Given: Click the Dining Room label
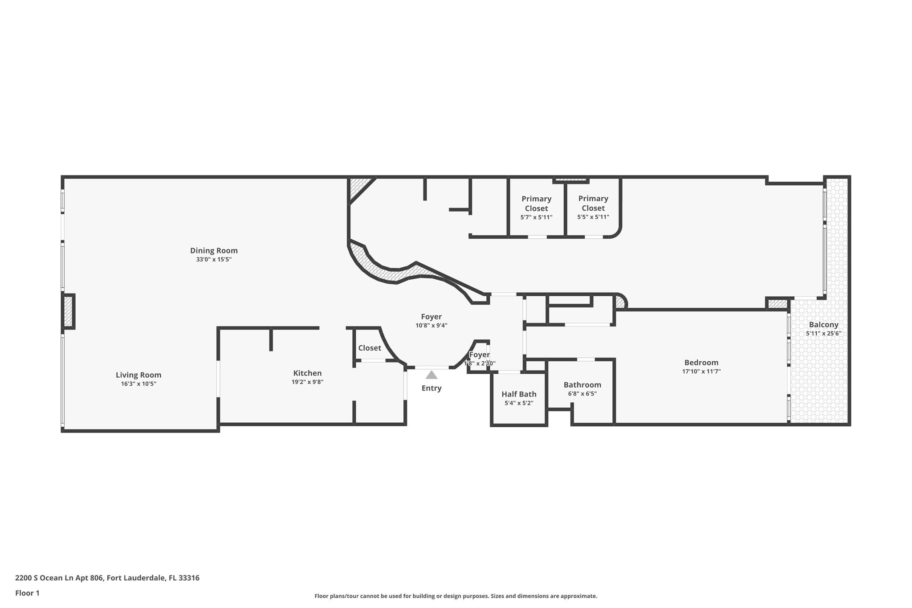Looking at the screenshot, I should point(214,250).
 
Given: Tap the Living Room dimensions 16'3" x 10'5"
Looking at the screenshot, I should point(138,384).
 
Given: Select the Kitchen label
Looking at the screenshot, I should point(307,373).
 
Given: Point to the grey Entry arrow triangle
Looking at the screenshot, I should point(432,375).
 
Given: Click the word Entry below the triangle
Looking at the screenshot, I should point(432,388).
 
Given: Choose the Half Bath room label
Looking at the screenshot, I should point(519,394).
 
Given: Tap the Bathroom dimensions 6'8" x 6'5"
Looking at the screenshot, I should point(582,394).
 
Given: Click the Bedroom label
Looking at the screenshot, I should point(701,363).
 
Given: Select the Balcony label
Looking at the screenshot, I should point(823,325).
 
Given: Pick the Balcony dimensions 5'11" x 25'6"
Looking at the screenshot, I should point(823,334).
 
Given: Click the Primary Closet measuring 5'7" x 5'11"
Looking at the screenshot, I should point(536,208).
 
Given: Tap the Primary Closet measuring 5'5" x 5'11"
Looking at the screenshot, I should point(593,208).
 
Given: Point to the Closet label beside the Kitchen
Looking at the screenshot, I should point(370,348).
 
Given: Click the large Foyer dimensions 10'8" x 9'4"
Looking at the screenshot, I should point(431,326).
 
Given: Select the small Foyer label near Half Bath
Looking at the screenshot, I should point(479,355).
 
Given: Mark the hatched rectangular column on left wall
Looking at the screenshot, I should point(68,311).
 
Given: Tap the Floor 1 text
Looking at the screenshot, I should point(27,593).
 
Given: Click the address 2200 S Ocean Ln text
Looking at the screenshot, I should point(107,578).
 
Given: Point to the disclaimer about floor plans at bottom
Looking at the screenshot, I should point(456,596).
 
